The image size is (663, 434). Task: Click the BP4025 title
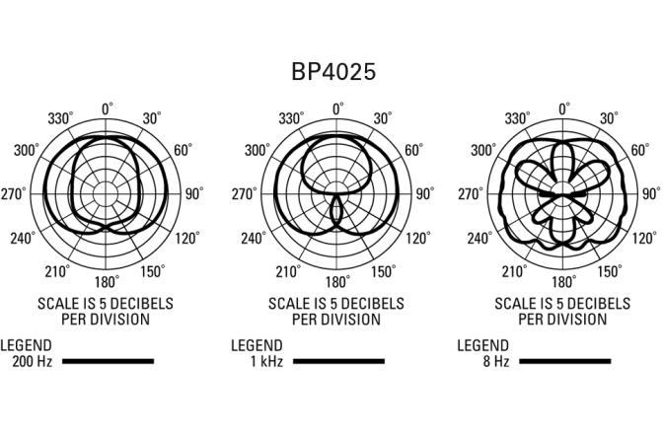click(x=333, y=71)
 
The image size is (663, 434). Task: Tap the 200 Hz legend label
click(x=33, y=362)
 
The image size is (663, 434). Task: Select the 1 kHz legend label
click(x=266, y=362)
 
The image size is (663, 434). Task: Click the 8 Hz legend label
click(x=496, y=362)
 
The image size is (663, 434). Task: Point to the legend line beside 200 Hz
click(x=109, y=361)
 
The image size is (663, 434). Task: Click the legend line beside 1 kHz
click(x=338, y=361)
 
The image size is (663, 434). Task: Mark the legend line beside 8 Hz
click(x=565, y=361)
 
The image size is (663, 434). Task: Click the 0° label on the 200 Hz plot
click(x=108, y=109)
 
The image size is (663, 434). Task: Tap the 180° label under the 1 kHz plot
click(x=337, y=282)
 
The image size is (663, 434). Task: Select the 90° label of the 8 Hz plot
click(x=651, y=193)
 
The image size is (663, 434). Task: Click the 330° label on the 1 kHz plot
click(x=291, y=118)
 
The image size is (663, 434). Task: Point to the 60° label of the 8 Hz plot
click(x=640, y=150)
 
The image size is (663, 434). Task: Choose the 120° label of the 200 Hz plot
click(x=186, y=239)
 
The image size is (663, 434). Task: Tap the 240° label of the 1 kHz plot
click(x=254, y=239)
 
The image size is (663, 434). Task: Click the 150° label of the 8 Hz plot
click(x=610, y=271)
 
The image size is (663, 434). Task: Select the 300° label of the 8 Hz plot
click(x=483, y=150)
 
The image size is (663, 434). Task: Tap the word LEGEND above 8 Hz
click(x=482, y=345)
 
